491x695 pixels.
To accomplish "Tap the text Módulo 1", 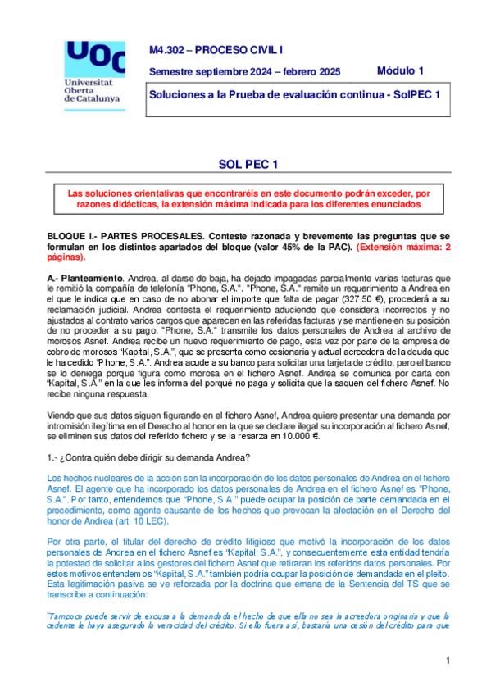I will tap(400, 70).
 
